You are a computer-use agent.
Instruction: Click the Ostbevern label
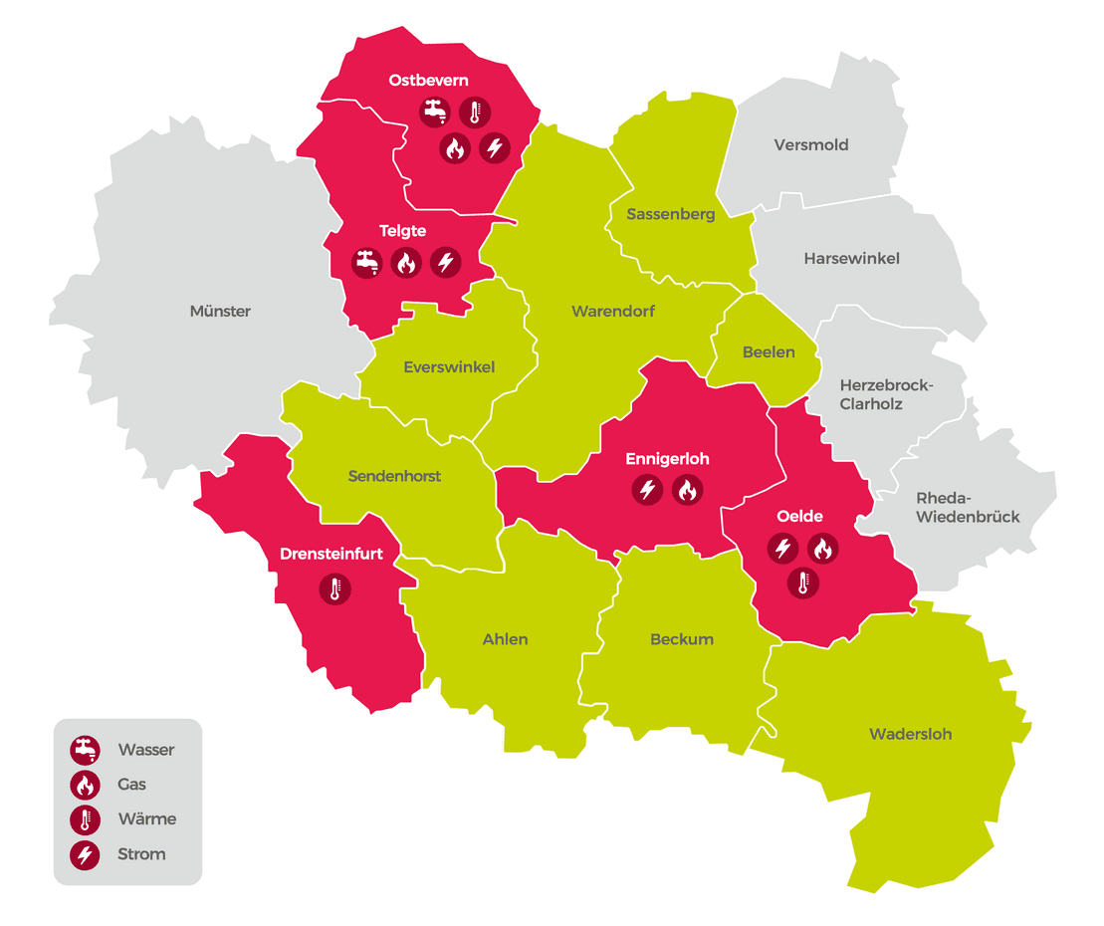[428, 81]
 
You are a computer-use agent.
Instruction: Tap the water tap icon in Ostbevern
[435, 113]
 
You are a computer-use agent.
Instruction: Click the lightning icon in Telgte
[446, 263]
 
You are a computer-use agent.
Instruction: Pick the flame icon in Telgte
[406, 263]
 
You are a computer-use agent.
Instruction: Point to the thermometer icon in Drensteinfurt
[334, 589]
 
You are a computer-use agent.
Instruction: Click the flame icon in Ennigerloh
[687, 490]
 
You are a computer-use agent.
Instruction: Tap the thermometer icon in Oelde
[802, 582]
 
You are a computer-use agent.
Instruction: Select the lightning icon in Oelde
[782, 549]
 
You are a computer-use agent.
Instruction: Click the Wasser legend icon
[85, 750]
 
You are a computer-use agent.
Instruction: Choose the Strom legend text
[141, 854]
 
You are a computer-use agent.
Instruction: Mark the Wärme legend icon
[85, 819]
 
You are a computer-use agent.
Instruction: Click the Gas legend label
[132, 785]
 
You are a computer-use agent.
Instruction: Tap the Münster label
[220, 312]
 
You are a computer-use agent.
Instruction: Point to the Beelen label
[769, 352]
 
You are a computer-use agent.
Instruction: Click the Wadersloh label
[910, 735]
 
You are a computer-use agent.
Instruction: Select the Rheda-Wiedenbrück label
[968, 508]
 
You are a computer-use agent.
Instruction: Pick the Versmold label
[811, 145]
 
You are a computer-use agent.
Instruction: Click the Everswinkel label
[449, 367]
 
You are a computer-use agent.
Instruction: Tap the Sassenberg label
[670, 214]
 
